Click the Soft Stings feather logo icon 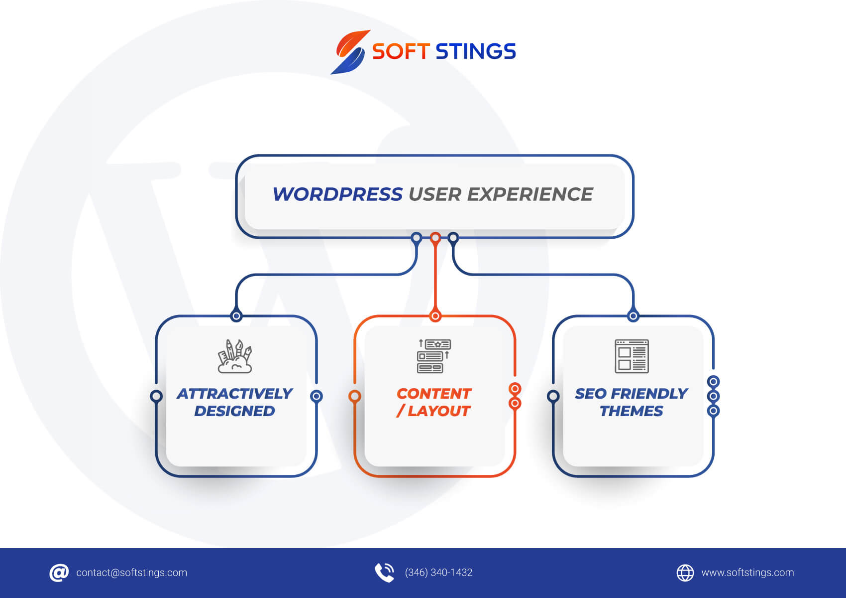coord(349,52)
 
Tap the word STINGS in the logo coord(476,51)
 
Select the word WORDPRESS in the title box coord(337,194)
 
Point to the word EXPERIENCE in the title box coord(530,194)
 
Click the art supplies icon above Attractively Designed coord(234,356)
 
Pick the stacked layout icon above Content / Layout coord(434,356)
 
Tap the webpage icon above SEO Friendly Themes coord(632,356)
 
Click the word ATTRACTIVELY coord(234,394)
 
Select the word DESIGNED coord(234,411)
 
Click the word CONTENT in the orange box coord(434,394)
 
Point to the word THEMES coord(632,411)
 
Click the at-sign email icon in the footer coord(59,573)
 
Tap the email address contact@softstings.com coord(131,573)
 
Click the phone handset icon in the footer coord(385,573)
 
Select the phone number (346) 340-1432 coord(438,573)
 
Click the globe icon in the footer coord(685,573)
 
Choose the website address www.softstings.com coord(748,573)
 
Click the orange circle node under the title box coord(435,238)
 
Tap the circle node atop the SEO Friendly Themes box coord(634,316)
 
